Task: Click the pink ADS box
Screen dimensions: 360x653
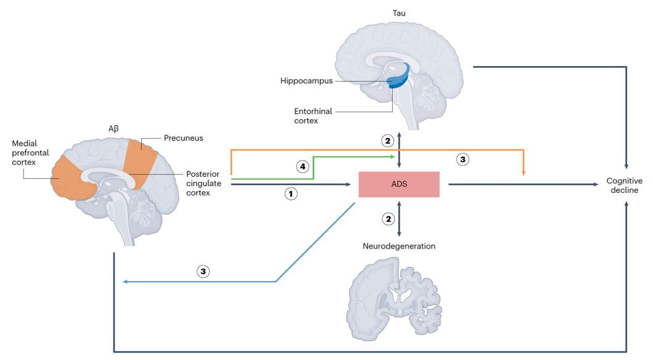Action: tap(399, 184)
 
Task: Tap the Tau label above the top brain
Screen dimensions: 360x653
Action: tap(399, 12)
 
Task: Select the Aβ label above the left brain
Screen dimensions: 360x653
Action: tap(113, 129)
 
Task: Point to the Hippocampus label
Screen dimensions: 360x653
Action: tap(306, 81)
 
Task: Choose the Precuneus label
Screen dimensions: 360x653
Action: tap(183, 138)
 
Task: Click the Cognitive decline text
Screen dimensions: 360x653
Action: tap(624, 186)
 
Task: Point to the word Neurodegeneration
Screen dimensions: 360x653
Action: tap(399, 246)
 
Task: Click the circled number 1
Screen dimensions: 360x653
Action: tap(290, 194)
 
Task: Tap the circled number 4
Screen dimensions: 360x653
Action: tap(302, 166)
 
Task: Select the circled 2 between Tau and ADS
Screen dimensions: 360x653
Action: tap(388, 141)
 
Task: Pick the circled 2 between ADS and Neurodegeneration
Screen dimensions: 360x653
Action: tap(388, 218)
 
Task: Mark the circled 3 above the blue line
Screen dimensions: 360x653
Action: tap(203, 271)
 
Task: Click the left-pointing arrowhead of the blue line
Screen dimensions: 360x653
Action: tap(125, 282)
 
